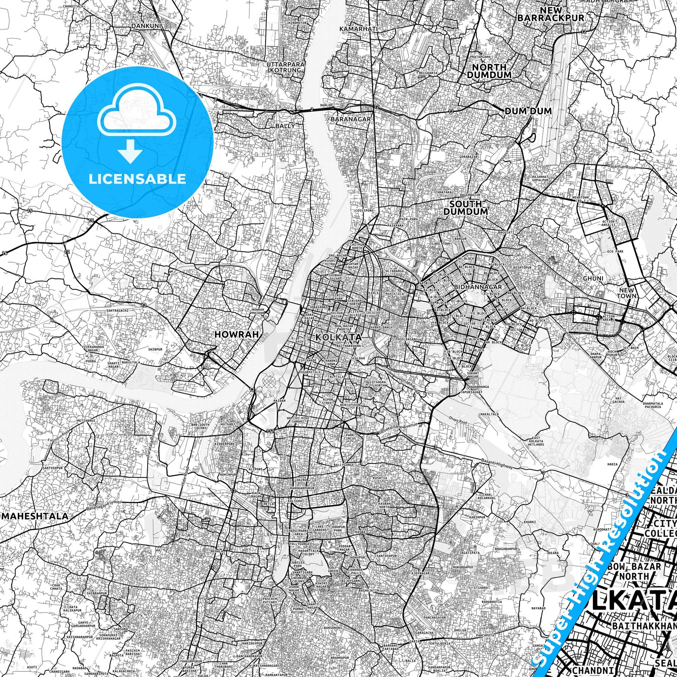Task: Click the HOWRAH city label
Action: (x=237, y=334)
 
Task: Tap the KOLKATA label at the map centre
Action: (x=338, y=337)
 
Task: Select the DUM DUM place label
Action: (x=528, y=111)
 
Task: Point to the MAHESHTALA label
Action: (x=35, y=516)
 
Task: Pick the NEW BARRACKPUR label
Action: (x=550, y=14)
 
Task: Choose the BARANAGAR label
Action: (x=350, y=119)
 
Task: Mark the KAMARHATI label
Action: (x=358, y=29)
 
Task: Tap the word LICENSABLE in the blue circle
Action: (x=137, y=179)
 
